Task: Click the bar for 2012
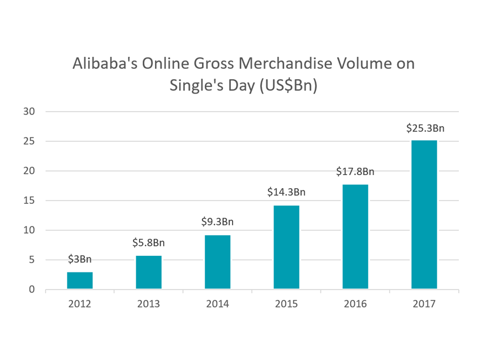pyautogui.click(x=80, y=280)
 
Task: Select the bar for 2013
pyautogui.click(x=149, y=272)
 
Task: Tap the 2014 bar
pyautogui.click(x=217, y=262)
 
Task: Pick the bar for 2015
pyautogui.click(x=286, y=247)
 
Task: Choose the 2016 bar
pyautogui.click(x=355, y=236)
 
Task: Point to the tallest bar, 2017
pyautogui.click(x=424, y=214)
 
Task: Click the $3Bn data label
pyautogui.click(x=80, y=259)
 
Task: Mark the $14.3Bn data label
pyautogui.click(x=286, y=192)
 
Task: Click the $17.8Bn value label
pyautogui.click(x=355, y=171)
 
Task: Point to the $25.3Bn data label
pyautogui.click(x=424, y=128)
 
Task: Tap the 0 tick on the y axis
pyautogui.click(x=32, y=290)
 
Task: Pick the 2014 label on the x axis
pyautogui.click(x=217, y=304)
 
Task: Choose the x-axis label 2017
pyautogui.click(x=424, y=304)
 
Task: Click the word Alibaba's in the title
pyautogui.click(x=105, y=64)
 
